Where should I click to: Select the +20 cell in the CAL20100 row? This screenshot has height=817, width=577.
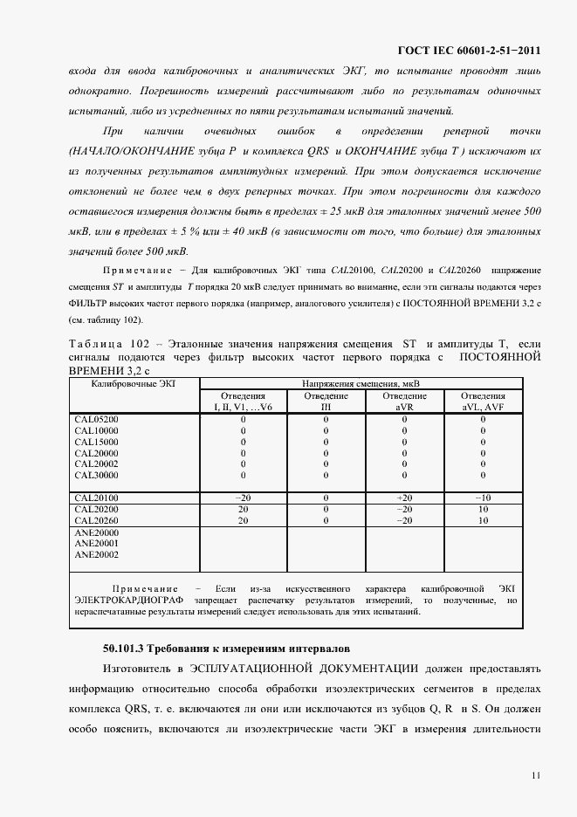(404, 498)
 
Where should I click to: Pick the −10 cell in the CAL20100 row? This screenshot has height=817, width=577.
(483, 498)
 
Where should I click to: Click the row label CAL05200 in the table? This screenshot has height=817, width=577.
(96, 420)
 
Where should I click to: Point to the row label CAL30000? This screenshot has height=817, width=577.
(96, 476)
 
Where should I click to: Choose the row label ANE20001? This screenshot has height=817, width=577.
(96, 543)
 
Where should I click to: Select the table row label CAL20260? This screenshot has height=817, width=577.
(96, 520)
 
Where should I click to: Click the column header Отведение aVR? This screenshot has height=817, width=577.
(404, 401)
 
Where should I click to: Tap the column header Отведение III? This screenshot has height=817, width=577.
(326, 401)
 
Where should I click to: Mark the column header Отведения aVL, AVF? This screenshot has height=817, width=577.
(483, 401)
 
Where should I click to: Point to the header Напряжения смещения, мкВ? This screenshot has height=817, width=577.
(361, 383)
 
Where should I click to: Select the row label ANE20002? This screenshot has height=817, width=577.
(96, 554)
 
